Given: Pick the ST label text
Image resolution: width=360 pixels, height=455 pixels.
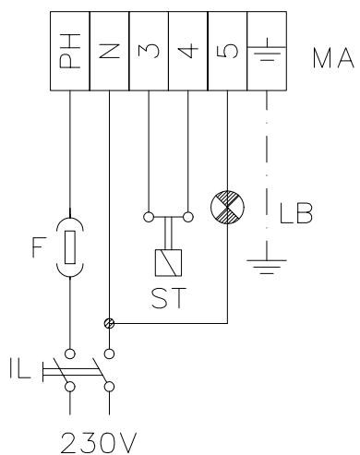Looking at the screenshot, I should point(168,300).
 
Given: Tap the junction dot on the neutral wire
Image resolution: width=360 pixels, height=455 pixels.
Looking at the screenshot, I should point(109,324).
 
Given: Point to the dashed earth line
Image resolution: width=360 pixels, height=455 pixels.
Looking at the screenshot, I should point(266,166).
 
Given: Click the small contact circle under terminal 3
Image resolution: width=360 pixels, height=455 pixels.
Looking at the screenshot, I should point(149,219).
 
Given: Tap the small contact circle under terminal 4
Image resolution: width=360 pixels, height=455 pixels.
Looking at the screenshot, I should point(188,219).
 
